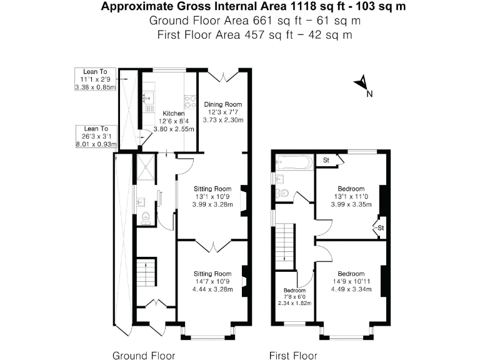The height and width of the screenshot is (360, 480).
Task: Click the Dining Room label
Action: (x=223, y=104)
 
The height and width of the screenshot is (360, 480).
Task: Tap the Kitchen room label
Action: (x=174, y=113)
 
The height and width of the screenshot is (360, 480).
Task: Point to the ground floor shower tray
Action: (x=146, y=167)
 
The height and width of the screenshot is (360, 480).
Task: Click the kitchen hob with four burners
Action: (x=190, y=102)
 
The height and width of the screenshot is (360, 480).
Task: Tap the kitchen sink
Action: (x=149, y=98)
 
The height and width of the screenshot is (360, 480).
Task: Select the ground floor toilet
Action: (x=146, y=218)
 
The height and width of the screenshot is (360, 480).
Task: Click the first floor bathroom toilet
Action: (x=282, y=193)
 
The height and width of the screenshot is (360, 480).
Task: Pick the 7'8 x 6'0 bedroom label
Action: (x=294, y=297)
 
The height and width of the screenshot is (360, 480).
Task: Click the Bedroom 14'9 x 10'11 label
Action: (x=351, y=281)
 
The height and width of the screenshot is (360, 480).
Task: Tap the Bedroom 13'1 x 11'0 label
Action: (x=351, y=196)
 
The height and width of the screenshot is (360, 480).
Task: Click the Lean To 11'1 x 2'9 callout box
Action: (x=96, y=79)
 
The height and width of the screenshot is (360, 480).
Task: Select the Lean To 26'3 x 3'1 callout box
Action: (x=96, y=136)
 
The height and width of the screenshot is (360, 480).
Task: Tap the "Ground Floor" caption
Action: (x=144, y=356)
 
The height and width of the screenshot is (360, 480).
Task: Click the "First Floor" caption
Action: (x=293, y=356)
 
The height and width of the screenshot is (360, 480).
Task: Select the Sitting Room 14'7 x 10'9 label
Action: (x=212, y=281)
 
